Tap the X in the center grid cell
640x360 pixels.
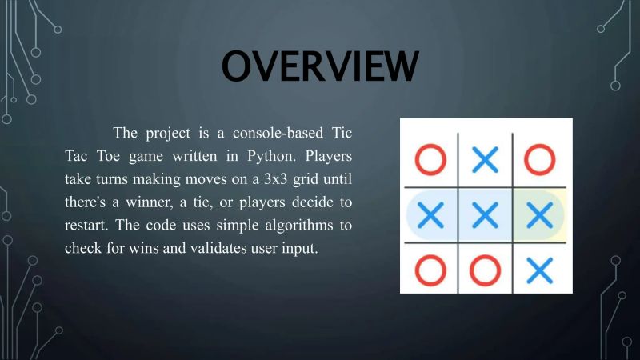pyautogui.click(x=485, y=214)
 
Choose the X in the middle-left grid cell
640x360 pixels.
pyautogui.click(x=430, y=214)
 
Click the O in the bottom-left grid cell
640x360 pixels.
pyautogui.click(x=430, y=269)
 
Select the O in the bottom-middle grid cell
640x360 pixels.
pyautogui.click(x=485, y=270)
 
